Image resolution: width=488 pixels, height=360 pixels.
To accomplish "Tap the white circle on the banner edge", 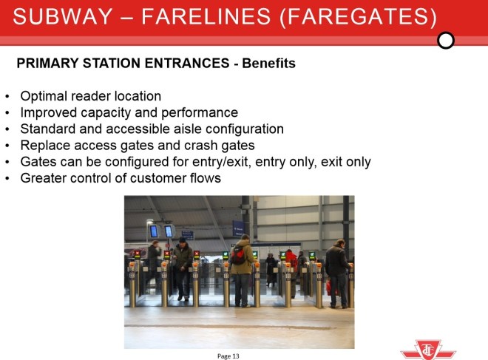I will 446,40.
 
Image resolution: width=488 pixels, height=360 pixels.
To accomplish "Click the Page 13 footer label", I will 228,356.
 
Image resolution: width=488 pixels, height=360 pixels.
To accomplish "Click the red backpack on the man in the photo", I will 237,256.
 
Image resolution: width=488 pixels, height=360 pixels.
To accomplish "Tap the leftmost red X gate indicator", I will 136,254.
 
